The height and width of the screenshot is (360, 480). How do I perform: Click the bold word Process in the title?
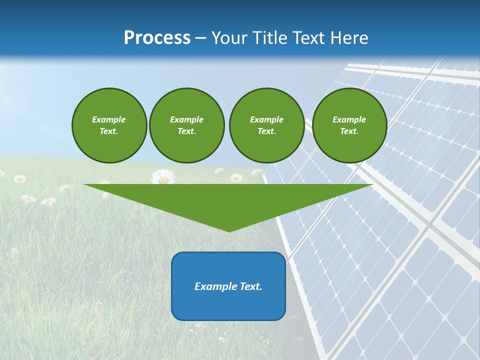[157, 38]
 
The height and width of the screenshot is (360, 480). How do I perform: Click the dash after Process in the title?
[200, 38]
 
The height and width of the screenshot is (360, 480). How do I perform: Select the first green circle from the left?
[109, 125]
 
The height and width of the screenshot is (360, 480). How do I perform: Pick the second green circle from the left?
[186, 125]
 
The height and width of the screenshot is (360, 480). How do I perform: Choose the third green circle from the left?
[266, 125]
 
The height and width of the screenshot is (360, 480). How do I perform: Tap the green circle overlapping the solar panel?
[349, 125]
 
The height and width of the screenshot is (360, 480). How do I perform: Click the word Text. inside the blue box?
[250, 286]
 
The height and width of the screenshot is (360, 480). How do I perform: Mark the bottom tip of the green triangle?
[229, 231]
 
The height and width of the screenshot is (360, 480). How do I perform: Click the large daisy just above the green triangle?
[162, 176]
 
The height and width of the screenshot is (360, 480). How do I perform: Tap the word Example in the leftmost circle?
[109, 119]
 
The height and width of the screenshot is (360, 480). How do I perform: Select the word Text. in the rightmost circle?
[349, 131]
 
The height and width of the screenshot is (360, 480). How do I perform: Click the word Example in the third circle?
[266, 119]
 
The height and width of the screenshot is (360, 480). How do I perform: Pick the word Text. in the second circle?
[186, 131]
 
